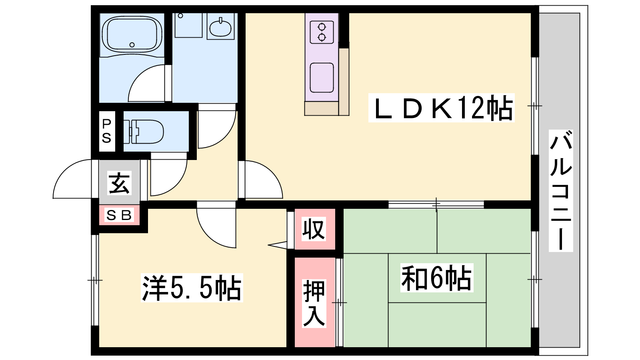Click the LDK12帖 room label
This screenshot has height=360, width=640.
pos(442,108)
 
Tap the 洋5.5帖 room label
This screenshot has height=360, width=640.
pos(192,288)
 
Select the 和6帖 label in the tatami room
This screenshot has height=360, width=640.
pos(437,278)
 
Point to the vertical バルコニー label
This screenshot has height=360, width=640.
pos(561,190)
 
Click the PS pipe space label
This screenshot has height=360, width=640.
pos(107,131)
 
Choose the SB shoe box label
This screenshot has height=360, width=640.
pos(119,215)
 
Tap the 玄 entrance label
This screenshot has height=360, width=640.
pos(120,183)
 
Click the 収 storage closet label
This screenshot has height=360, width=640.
pos(314,229)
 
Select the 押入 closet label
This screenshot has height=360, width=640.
pos(314,303)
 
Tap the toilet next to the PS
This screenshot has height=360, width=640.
pos(144,132)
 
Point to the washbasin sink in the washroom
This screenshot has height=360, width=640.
pos(220,28)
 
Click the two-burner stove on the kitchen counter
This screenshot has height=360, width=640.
pos(322,32)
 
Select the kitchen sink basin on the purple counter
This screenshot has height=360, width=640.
pos(322,78)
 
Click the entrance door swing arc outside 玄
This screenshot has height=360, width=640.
pos(72,179)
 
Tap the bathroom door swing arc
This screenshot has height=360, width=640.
pos(146,83)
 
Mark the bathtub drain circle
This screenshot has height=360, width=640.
pos(132,45)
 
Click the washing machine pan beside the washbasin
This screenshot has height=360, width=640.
pos(188,25)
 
